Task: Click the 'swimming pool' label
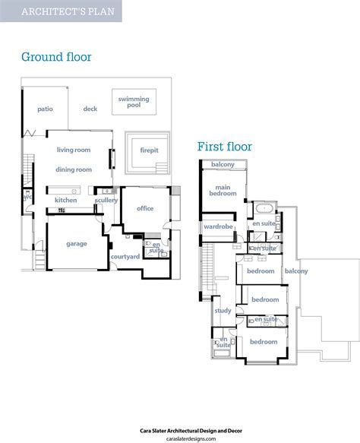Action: pos(134,102)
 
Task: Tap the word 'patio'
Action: pos(45,109)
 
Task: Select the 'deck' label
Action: pos(90,109)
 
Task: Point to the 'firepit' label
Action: pos(150,150)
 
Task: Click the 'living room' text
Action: pos(74,150)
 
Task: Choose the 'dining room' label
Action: pos(74,169)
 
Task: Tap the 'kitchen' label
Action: pos(66,200)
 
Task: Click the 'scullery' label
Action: pos(106,201)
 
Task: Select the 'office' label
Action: pos(145,208)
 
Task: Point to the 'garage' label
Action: pos(77,244)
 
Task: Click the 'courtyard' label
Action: pos(125,257)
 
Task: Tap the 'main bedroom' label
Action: pos(223,191)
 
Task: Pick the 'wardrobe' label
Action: pos(218,226)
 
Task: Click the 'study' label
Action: pos(223,311)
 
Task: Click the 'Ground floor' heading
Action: pos(56,57)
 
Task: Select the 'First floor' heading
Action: pos(225,147)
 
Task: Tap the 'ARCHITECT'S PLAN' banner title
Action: pos(68,11)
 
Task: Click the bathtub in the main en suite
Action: pos(264,208)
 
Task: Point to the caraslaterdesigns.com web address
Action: pos(191,438)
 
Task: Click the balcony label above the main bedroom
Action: pos(223,164)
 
